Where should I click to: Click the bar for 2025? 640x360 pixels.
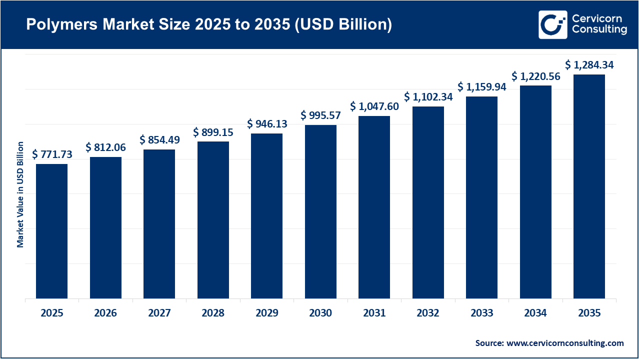[51, 231]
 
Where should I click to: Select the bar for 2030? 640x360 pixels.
[320, 211]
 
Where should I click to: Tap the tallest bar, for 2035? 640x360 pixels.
[589, 186]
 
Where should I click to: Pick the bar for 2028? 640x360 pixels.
[213, 220]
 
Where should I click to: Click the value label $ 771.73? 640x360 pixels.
[52, 154]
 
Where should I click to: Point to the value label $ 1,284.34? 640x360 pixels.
[589, 65]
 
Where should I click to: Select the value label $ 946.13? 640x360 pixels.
[267, 124]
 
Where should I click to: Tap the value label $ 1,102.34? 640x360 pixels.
[428, 97]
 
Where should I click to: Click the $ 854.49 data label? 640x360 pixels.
[159, 140]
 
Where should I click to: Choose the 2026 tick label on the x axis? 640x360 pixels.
[105, 313]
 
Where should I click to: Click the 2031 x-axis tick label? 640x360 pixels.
[374, 313]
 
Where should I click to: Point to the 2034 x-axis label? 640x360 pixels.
[535, 313]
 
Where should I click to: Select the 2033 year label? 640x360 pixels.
[481, 313]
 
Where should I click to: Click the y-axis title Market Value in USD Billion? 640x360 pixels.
[20, 194]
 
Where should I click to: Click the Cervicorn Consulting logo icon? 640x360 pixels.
[552, 24]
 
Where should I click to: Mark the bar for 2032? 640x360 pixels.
[428, 202]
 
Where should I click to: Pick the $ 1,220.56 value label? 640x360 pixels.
[536, 76]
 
